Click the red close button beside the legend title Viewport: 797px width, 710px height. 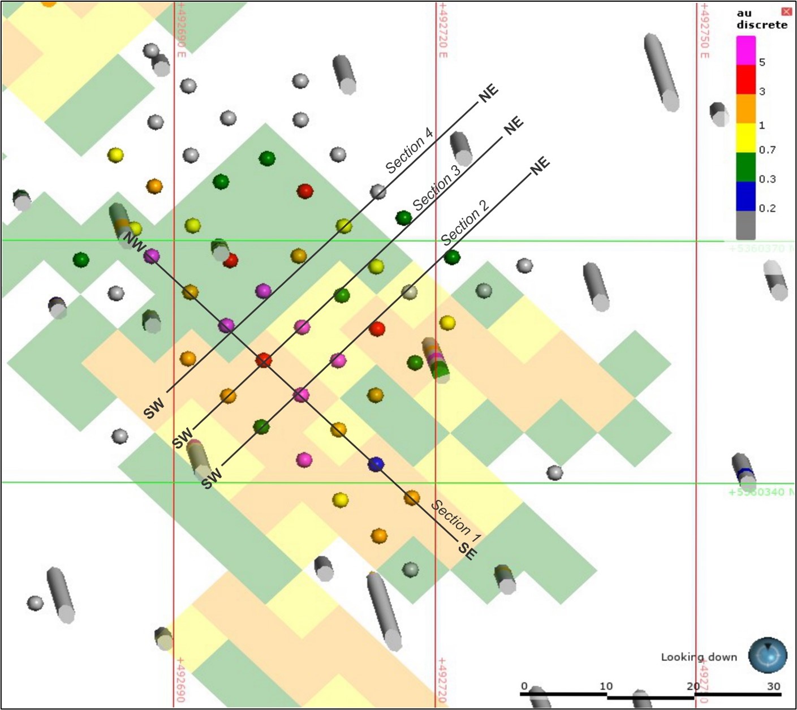(786, 12)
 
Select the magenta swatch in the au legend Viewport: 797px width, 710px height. (746, 51)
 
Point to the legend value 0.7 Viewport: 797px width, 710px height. (766, 150)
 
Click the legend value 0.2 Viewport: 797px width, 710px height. (766, 208)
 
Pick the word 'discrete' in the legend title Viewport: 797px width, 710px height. (761, 25)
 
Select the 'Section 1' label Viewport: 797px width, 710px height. (456, 517)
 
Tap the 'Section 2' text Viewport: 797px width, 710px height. (465, 222)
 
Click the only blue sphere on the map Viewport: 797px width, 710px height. (376, 464)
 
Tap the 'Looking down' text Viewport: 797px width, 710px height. (699, 657)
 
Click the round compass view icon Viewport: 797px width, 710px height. (767, 655)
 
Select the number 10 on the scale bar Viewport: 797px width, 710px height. (606, 686)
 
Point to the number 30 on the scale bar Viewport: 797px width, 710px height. (774, 686)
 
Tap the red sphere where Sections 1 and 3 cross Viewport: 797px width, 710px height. (264, 360)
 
